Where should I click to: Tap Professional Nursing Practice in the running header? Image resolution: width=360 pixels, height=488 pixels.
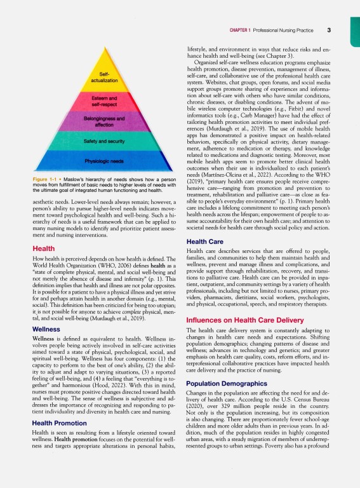tap(289, 30)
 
